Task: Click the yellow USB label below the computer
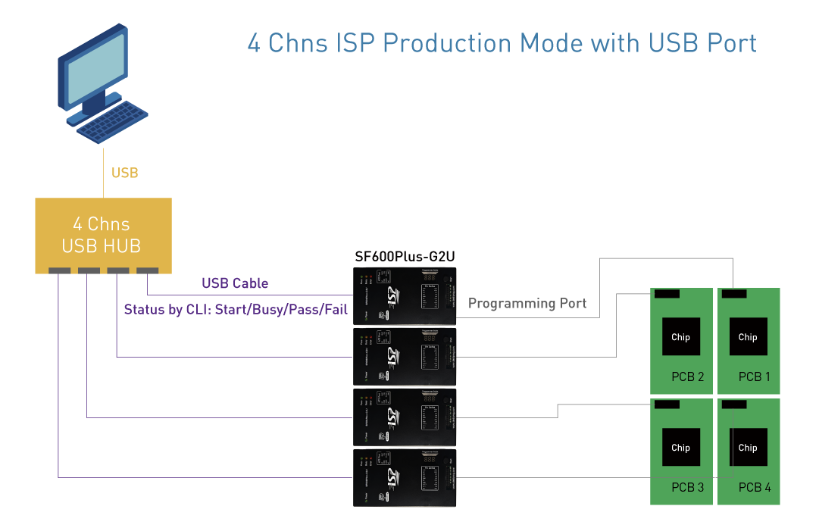[x=124, y=173]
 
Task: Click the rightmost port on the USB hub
[x=147, y=270]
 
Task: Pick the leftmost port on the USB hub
[x=58, y=270]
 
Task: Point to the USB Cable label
[x=235, y=283]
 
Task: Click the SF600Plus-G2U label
[x=405, y=256]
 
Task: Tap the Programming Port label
[x=527, y=304]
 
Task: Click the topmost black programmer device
[x=405, y=296]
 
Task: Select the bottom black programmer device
[x=405, y=477]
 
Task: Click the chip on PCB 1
[x=748, y=337]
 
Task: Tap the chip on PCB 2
[x=681, y=337]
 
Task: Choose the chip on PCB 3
[x=681, y=448]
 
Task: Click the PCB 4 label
[x=755, y=487]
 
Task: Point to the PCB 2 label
[x=688, y=376]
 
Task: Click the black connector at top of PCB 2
[x=667, y=293]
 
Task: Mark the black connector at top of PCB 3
[x=667, y=405]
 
